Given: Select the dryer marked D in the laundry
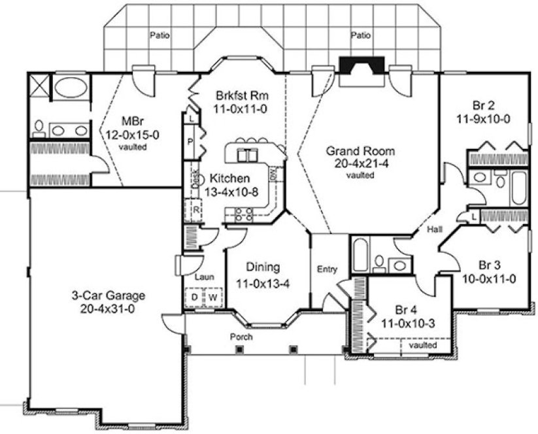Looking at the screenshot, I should pyautogui.click(x=194, y=297).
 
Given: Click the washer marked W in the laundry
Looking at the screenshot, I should pyautogui.click(x=212, y=297).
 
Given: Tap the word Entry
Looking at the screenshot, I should pyautogui.click(x=327, y=269).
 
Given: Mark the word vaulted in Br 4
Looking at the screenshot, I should pyautogui.click(x=423, y=344).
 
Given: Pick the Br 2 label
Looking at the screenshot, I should pyautogui.click(x=484, y=105).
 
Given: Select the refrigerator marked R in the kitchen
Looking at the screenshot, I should pyautogui.click(x=195, y=210).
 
